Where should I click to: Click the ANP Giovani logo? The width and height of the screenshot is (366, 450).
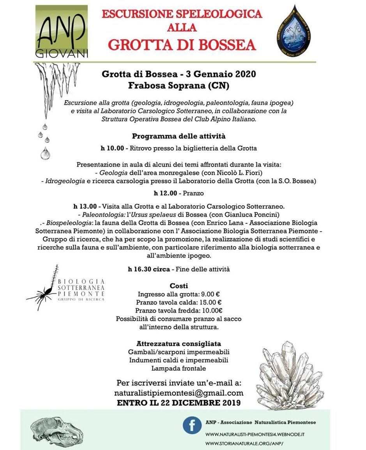click(x=62, y=32)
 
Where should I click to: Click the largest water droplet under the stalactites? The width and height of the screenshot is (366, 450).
click(x=45, y=153)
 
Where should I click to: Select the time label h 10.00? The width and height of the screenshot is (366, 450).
click(x=113, y=148)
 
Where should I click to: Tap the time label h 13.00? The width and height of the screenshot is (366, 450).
click(x=86, y=206)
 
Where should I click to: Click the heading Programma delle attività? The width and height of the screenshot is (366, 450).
click(x=179, y=136)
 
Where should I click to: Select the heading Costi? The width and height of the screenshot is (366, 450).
click(x=179, y=285)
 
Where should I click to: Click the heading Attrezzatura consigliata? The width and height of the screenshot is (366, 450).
click(x=179, y=344)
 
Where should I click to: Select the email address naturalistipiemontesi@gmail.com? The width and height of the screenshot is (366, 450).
click(x=179, y=393)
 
